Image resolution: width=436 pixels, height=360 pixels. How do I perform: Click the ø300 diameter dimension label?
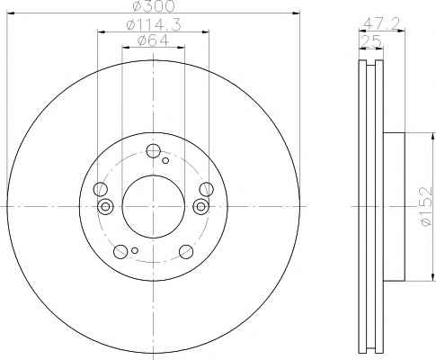(153, 6)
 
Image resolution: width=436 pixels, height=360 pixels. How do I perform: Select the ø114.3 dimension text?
(154, 25)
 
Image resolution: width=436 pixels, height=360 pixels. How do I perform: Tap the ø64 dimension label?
(153, 40)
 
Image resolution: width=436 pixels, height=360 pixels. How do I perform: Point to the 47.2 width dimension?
(381, 23)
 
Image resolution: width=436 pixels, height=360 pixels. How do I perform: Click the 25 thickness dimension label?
(371, 40)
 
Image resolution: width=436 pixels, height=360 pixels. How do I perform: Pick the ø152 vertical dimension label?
(425, 206)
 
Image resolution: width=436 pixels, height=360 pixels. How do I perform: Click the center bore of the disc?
(154, 207)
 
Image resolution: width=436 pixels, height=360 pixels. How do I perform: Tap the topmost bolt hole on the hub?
(153, 151)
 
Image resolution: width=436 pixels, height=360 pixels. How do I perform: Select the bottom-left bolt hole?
(120, 251)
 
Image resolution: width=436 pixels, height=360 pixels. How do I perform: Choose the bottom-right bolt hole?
(186, 251)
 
